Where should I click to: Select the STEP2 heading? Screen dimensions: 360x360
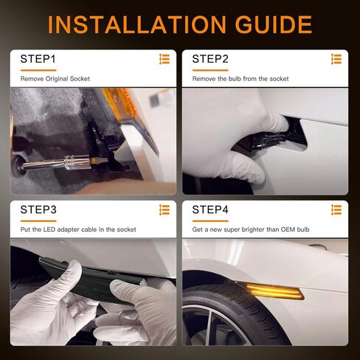tap(210, 58)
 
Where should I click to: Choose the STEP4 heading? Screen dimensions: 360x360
tap(210, 210)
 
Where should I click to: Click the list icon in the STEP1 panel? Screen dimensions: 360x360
tap(164, 59)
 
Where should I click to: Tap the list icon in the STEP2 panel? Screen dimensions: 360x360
tap(336, 59)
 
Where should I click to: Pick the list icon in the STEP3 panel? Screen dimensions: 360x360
tap(164, 210)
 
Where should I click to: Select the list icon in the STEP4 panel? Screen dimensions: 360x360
tap(336, 210)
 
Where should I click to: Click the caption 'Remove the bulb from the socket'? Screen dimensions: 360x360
tap(240, 78)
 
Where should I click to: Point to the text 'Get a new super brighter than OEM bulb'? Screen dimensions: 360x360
tap(251, 229)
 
